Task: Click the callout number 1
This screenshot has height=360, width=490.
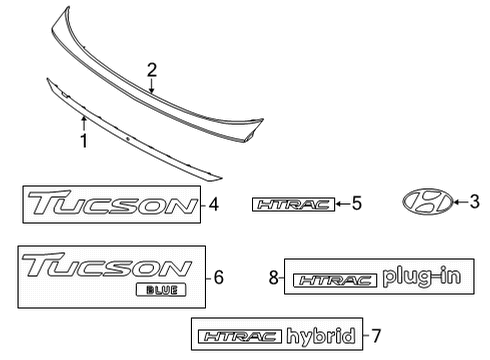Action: (x=84, y=141)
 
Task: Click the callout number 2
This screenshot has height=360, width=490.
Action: (x=152, y=69)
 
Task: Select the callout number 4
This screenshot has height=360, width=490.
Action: (x=214, y=206)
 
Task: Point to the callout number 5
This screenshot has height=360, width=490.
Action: (x=356, y=204)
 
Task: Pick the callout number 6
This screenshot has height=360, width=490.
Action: (x=219, y=276)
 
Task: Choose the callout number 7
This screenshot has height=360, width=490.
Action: (x=376, y=336)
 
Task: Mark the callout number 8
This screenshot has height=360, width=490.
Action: (x=273, y=278)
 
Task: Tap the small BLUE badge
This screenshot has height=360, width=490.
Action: (x=158, y=291)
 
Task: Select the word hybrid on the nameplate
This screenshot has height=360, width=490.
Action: (x=320, y=336)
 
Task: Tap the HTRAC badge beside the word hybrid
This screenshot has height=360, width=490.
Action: (x=239, y=337)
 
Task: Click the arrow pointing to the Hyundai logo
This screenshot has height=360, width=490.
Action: (x=459, y=201)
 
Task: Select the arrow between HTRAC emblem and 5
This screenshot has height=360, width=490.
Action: (x=340, y=204)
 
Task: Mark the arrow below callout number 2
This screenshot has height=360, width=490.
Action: (x=152, y=86)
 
